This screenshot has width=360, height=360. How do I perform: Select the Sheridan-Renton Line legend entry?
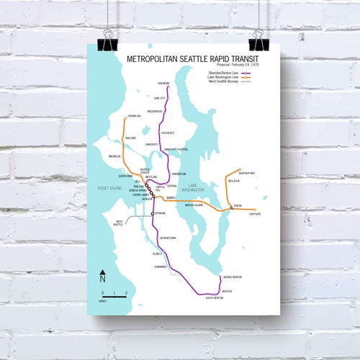click(220, 72)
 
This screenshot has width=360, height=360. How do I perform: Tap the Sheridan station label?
click(163, 83)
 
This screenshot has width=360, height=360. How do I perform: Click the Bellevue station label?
click(235, 181)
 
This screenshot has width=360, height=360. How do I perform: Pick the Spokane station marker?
click(153, 214)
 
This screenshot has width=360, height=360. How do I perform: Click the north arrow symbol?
click(103, 275)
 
